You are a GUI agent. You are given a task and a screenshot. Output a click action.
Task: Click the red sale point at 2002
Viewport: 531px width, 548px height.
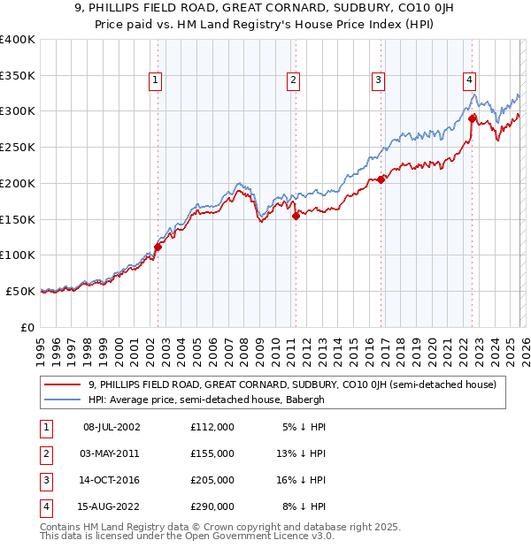pos(158,247)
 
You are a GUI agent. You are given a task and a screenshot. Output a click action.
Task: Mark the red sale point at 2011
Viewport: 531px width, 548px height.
pos(296,216)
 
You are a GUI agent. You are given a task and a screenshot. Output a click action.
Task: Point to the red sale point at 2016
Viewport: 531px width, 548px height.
pos(381,179)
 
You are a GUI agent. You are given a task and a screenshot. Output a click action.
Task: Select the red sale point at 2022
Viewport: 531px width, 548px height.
pos(473,118)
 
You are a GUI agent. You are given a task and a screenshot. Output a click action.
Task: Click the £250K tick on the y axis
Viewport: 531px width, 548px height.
pos(17,147)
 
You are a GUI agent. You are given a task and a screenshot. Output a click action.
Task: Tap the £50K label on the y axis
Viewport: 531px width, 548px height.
pos(19,291)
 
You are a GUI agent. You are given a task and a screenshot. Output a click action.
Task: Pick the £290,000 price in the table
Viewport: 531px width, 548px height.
pos(212,507)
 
